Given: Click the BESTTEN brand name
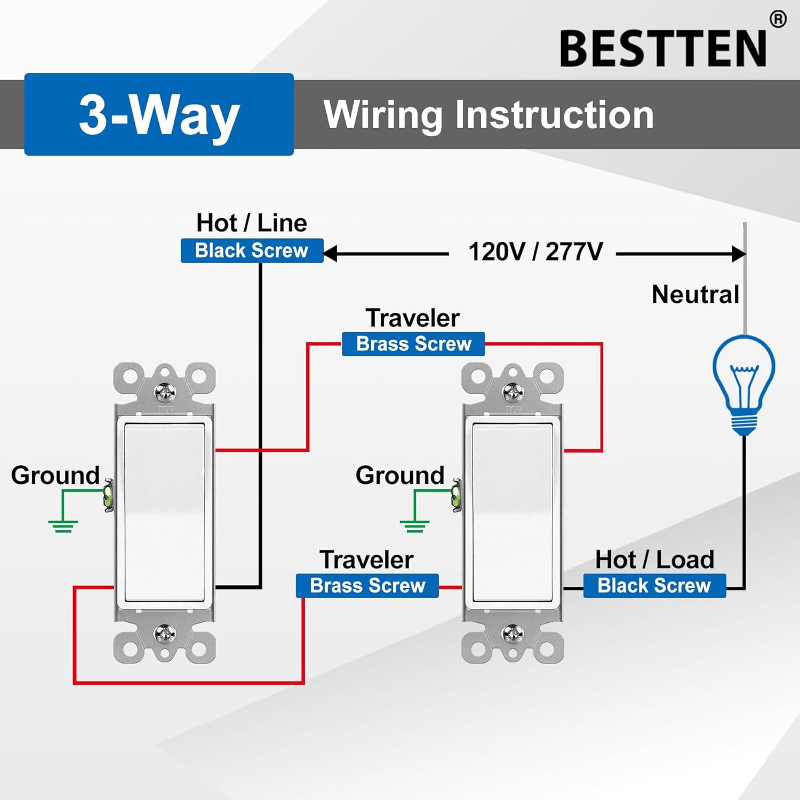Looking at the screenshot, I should pyautogui.click(x=663, y=49).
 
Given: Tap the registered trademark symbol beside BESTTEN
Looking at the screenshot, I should pyautogui.click(x=778, y=20).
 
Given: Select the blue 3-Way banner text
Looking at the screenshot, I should pyautogui.click(x=159, y=115).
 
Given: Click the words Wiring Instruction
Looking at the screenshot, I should pyautogui.click(x=489, y=115).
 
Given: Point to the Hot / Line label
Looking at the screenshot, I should pyautogui.click(x=251, y=223).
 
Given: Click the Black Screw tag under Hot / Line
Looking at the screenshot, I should pyautogui.click(x=252, y=251).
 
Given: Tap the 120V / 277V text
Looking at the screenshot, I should pyautogui.click(x=535, y=252).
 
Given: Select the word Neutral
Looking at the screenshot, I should pyautogui.click(x=695, y=294).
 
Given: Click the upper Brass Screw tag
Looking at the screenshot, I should pyautogui.click(x=413, y=344).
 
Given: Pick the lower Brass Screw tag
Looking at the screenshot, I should pyautogui.click(x=367, y=586).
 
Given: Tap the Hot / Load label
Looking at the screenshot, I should pyautogui.click(x=654, y=559).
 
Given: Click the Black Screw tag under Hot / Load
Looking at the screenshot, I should pyautogui.click(x=654, y=586).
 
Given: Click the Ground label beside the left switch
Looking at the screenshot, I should pyautogui.click(x=55, y=475).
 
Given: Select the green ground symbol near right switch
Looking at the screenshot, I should pyautogui.click(x=414, y=525).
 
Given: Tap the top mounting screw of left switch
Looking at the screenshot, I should pyautogui.click(x=165, y=393).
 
